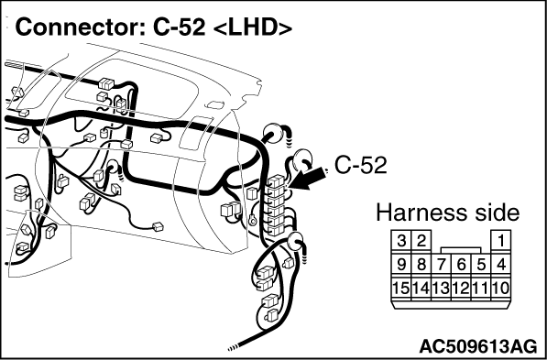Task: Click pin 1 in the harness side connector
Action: pos(501,240)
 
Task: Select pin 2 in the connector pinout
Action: pos(421,240)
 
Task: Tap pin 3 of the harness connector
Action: pos(401,240)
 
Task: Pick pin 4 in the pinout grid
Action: pos(501,265)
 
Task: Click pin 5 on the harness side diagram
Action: pos(481,265)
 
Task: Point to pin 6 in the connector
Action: pos(461,265)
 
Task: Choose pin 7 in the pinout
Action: pos(442,265)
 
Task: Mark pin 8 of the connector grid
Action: pos(421,265)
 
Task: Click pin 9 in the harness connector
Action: pos(401,265)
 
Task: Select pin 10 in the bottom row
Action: pos(501,289)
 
